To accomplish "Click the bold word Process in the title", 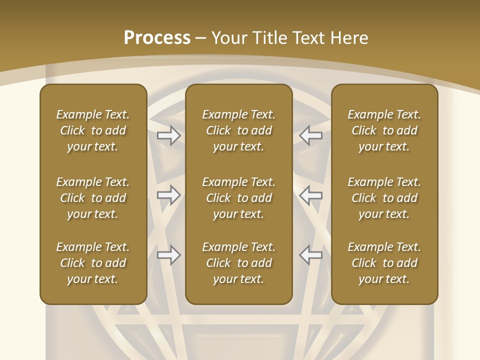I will click(x=157, y=38).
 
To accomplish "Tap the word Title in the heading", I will click(x=270, y=38).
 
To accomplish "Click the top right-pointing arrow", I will click(x=169, y=135).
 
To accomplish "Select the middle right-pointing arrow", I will click(x=169, y=195).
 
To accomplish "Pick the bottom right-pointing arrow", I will click(x=169, y=255).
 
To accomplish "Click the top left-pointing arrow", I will click(x=311, y=135).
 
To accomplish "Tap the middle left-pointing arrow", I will click(x=311, y=195).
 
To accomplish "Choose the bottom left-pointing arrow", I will click(x=311, y=255).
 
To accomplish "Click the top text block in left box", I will click(x=93, y=130).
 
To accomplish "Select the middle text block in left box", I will click(x=93, y=198).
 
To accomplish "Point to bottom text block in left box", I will click(x=93, y=263).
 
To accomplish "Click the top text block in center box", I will click(x=238, y=130).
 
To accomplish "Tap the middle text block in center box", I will click(x=238, y=198).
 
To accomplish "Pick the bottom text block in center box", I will click(x=238, y=263).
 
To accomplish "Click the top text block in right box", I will click(x=384, y=130).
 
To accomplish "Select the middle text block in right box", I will click(x=384, y=198).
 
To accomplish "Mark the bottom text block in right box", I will click(x=384, y=263).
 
